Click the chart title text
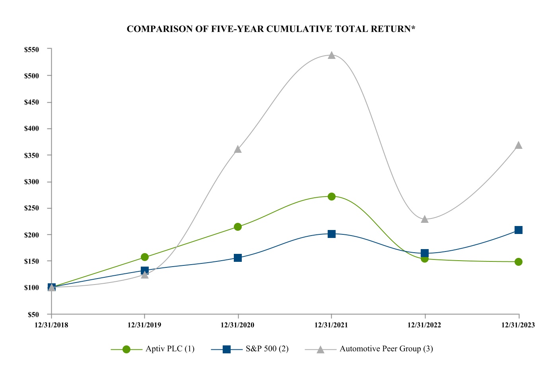click(x=271, y=29)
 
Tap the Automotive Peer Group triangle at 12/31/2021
click(x=332, y=55)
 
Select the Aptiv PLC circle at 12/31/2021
click(x=332, y=196)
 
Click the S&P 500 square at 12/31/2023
click(x=519, y=230)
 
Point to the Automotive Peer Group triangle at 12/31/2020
click(x=238, y=149)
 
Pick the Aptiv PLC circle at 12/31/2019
click(x=145, y=257)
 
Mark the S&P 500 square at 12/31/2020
click(x=238, y=258)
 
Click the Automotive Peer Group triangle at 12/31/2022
click(x=425, y=219)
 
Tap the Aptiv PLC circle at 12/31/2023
click(x=519, y=262)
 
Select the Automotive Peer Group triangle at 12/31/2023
click(x=519, y=145)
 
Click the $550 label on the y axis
click(x=31, y=50)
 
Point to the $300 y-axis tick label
click(x=31, y=182)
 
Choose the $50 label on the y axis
click(x=33, y=314)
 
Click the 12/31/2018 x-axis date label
click(x=51, y=325)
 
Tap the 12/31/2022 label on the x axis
click(x=424, y=325)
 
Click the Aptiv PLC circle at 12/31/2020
click(x=238, y=227)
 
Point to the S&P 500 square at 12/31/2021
click(x=332, y=234)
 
